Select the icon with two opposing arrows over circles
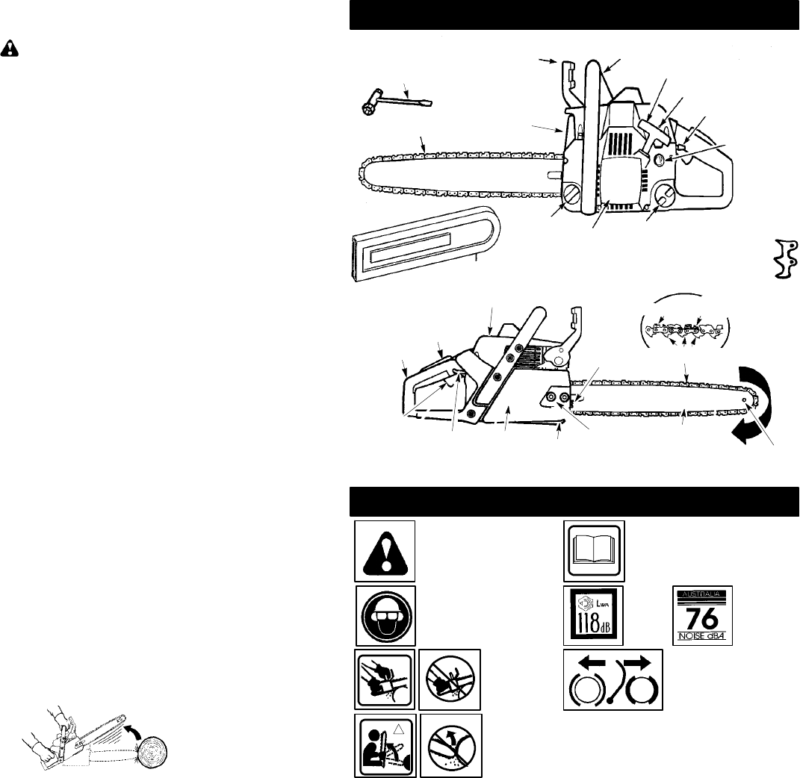612,679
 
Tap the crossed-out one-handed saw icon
449,679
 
